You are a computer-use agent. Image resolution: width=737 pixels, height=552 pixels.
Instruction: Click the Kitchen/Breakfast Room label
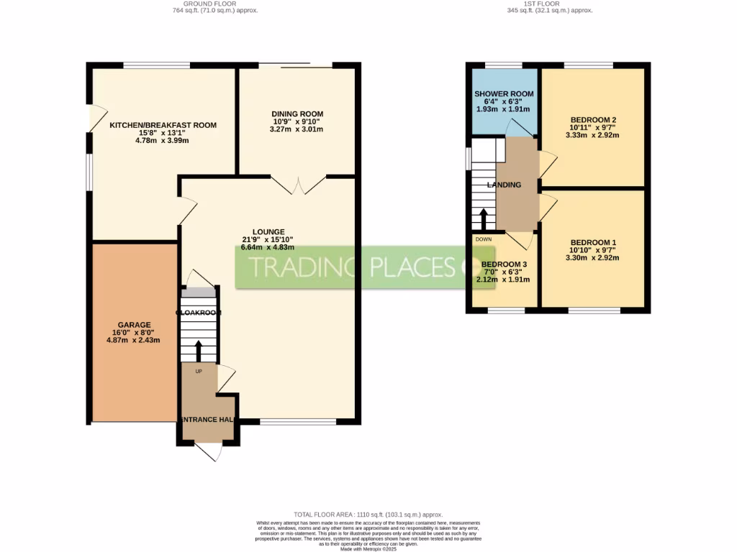click(x=163, y=125)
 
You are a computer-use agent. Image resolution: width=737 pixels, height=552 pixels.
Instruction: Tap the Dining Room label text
click(x=297, y=114)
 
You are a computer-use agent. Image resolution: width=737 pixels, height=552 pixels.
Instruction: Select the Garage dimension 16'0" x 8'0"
click(x=133, y=332)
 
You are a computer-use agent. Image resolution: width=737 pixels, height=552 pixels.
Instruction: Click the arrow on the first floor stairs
click(x=483, y=217)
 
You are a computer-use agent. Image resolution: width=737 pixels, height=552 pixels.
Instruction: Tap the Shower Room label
click(x=504, y=94)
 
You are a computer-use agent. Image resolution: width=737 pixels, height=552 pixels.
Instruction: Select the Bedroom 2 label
click(x=593, y=120)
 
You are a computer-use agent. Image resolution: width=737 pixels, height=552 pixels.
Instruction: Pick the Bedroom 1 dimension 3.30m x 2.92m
click(x=593, y=257)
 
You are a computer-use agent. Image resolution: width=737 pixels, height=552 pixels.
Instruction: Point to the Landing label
click(x=504, y=185)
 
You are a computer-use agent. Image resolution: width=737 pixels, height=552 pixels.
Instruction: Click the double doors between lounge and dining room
click(x=297, y=185)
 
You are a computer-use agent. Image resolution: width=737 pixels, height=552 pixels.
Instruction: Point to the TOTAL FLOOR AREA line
click(x=368, y=515)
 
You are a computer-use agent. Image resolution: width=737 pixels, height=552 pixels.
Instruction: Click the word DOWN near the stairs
click(x=483, y=239)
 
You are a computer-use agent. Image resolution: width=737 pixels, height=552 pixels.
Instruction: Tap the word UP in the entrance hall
click(x=198, y=372)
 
